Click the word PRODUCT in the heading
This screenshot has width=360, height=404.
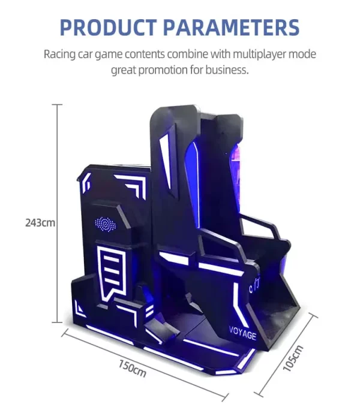pos(109,27)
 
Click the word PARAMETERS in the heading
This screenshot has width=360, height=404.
pos(232,27)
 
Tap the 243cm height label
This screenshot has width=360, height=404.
pos(40,223)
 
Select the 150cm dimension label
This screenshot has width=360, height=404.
pos(132,369)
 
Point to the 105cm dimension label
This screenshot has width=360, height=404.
pos(293,358)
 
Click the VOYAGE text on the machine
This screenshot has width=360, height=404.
pos(242,333)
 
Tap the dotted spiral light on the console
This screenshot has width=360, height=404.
pos(106,224)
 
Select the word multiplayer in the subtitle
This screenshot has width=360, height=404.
pos(259,55)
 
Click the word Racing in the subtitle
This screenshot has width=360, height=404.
pos(59,55)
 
